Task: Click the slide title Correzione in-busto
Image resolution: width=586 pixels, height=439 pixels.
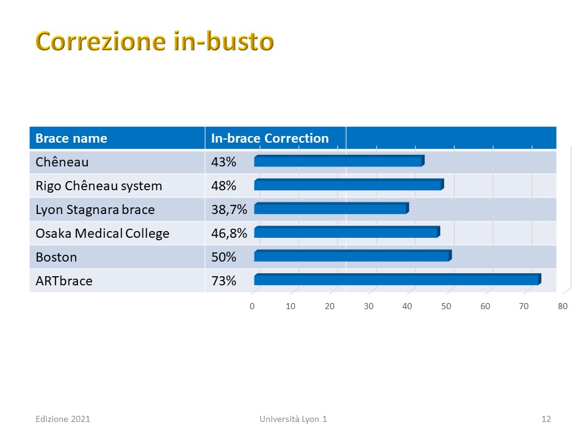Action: tap(154, 41)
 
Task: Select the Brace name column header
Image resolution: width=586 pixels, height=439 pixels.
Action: tap(71, 138)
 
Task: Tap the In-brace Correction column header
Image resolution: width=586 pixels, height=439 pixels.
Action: tap(270, 138)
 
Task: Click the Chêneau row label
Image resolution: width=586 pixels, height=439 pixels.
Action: tap(62, 162)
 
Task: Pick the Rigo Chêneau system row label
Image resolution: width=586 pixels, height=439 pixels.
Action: tap(99, 186)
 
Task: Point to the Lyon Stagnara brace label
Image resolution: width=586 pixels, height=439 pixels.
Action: tap(95, 210)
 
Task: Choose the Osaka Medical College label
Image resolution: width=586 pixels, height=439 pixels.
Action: tap(103, 234)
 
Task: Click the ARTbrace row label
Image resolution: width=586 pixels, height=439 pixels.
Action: tap(64, 280)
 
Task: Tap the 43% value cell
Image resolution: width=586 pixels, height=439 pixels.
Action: tap(223, 162)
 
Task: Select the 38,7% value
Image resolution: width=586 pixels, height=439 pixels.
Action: tap(229, 210)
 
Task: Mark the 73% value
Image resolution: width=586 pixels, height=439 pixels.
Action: tap(223, 280)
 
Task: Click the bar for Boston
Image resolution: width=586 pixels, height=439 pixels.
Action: tap(353, 255)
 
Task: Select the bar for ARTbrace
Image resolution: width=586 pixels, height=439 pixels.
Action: tap(397, 279)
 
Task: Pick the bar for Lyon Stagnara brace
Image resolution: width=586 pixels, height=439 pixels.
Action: tap(331, 209)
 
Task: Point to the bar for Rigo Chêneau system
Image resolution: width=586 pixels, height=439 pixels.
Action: tap(349, 184)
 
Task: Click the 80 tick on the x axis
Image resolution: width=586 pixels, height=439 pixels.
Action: tap(562, 307)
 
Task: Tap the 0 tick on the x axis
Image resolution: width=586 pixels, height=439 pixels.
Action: tap(252, 307)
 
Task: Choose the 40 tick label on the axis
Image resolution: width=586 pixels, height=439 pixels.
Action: tap(407, 307)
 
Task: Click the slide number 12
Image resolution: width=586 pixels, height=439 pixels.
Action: tap(546, 419)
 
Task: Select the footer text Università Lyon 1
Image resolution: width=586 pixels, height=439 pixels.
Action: tap(294, 419)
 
